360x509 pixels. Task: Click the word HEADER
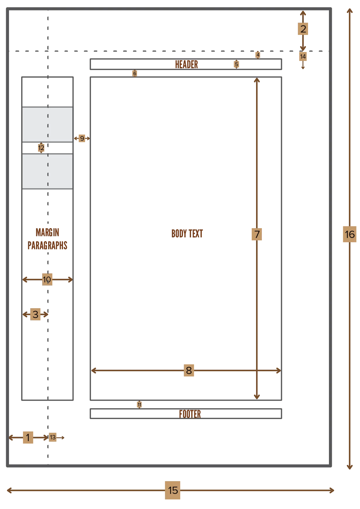pos(186,64)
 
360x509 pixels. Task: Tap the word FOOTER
pos(190,414)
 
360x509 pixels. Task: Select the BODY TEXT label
pos(187,234)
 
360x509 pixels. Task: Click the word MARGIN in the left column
pos(47,232)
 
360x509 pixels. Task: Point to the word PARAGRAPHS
pos(47,246)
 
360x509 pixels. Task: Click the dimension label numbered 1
pos(28,437)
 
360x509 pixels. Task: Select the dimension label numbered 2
pos(303,29)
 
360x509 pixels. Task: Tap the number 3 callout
pos(35,314)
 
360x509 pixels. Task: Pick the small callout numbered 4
pos(258,55)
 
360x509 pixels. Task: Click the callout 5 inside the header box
pos(237,64)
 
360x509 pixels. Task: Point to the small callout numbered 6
pos(135,73)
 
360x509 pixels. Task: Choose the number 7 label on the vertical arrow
pos(257,234)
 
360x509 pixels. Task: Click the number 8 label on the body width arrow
pos(189,370)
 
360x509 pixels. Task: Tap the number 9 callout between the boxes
pos(82,138)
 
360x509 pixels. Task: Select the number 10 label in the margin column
pos(47,279)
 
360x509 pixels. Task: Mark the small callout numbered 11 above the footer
pos(139,405)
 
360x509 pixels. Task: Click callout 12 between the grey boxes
pos(41,148)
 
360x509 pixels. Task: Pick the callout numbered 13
pos(53,437)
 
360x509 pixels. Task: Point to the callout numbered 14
pos(303,57)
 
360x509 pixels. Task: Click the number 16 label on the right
pos(350,234)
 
